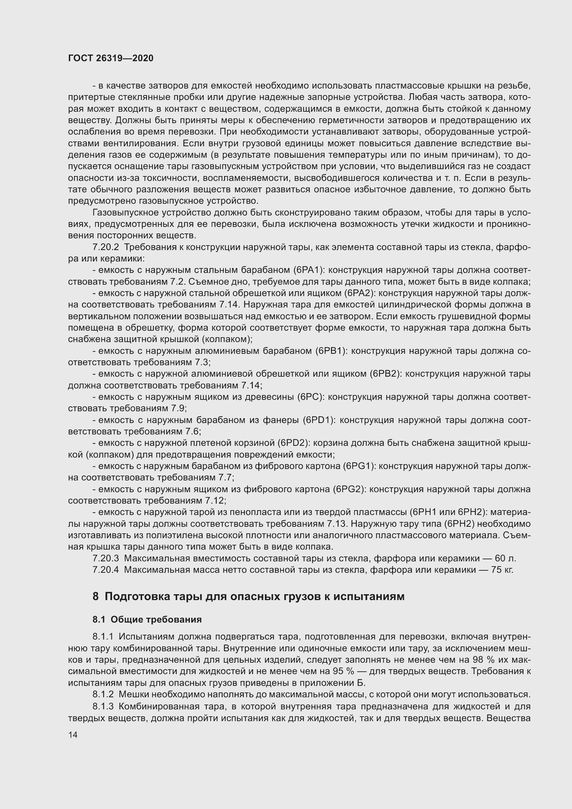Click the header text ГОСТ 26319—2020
pyautogui.click(x=111, y=58)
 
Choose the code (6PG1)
pyautogui.click(x=359, y=466)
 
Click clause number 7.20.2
pyautogui.click(x=106, y=247)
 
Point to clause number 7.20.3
pyautogui.click(x=106, y=559)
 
